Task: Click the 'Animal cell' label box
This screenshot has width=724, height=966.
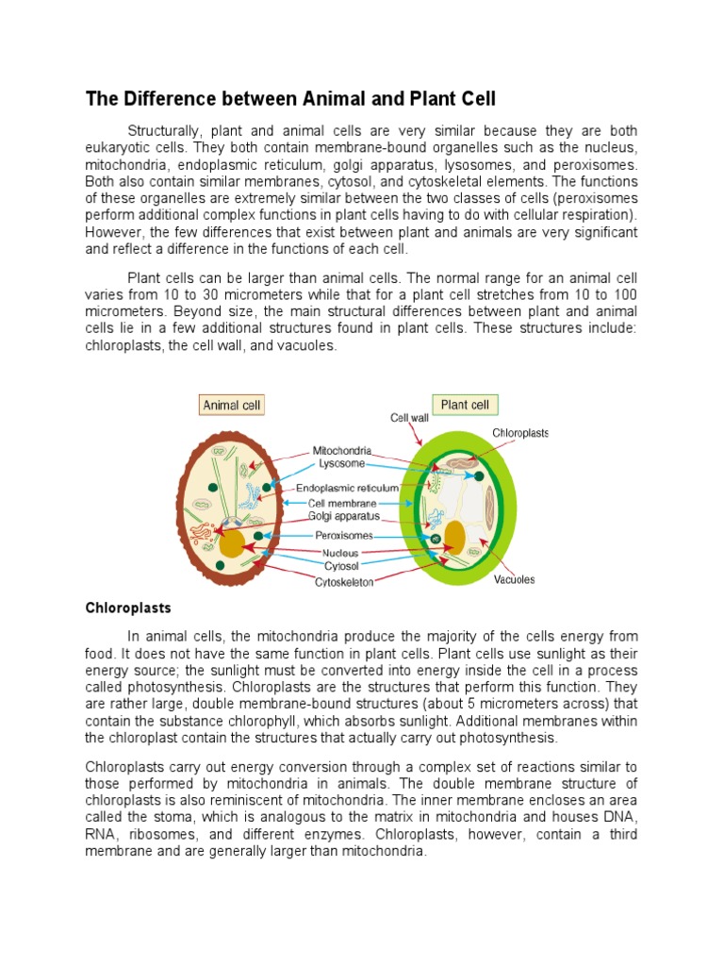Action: pos(233,406)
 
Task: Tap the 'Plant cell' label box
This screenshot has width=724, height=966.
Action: pos(466,405)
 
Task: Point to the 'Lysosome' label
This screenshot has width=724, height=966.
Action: pos(340,463)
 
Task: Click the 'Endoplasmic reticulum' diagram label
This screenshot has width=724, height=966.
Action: pos(347,488)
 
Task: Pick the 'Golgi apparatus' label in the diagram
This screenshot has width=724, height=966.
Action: pos(344,516)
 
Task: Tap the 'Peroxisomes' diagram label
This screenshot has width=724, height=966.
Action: pos(343,535)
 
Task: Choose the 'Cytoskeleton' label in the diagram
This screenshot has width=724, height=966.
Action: pos(344,582)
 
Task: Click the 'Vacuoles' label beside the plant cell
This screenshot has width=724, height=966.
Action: pos(514,579)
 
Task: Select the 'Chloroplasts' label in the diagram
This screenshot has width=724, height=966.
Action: pos(520,433)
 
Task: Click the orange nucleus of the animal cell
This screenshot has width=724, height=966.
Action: pos(232,543)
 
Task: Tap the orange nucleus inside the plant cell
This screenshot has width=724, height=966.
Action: pos(455,535)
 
